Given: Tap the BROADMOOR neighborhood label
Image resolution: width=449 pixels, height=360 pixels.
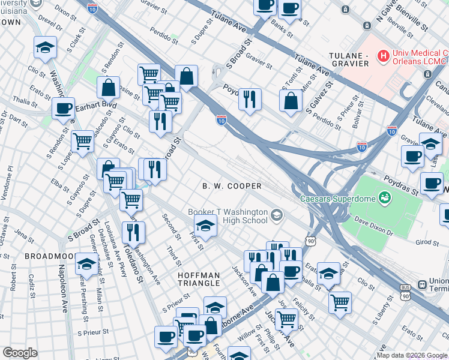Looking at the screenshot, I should (x=49, y=256).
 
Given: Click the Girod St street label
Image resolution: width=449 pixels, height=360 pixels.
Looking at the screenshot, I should (x=427, y=242).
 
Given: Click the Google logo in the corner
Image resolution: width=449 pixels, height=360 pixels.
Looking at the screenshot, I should (x=20, y=353).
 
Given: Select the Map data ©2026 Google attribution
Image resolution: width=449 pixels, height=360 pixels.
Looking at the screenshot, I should (x=411, y=355).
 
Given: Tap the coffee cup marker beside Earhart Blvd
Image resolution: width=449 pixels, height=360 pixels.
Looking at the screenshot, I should (x=63, y=109).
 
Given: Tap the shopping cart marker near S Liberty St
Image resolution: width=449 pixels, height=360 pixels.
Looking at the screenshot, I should (x=340, y=301).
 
